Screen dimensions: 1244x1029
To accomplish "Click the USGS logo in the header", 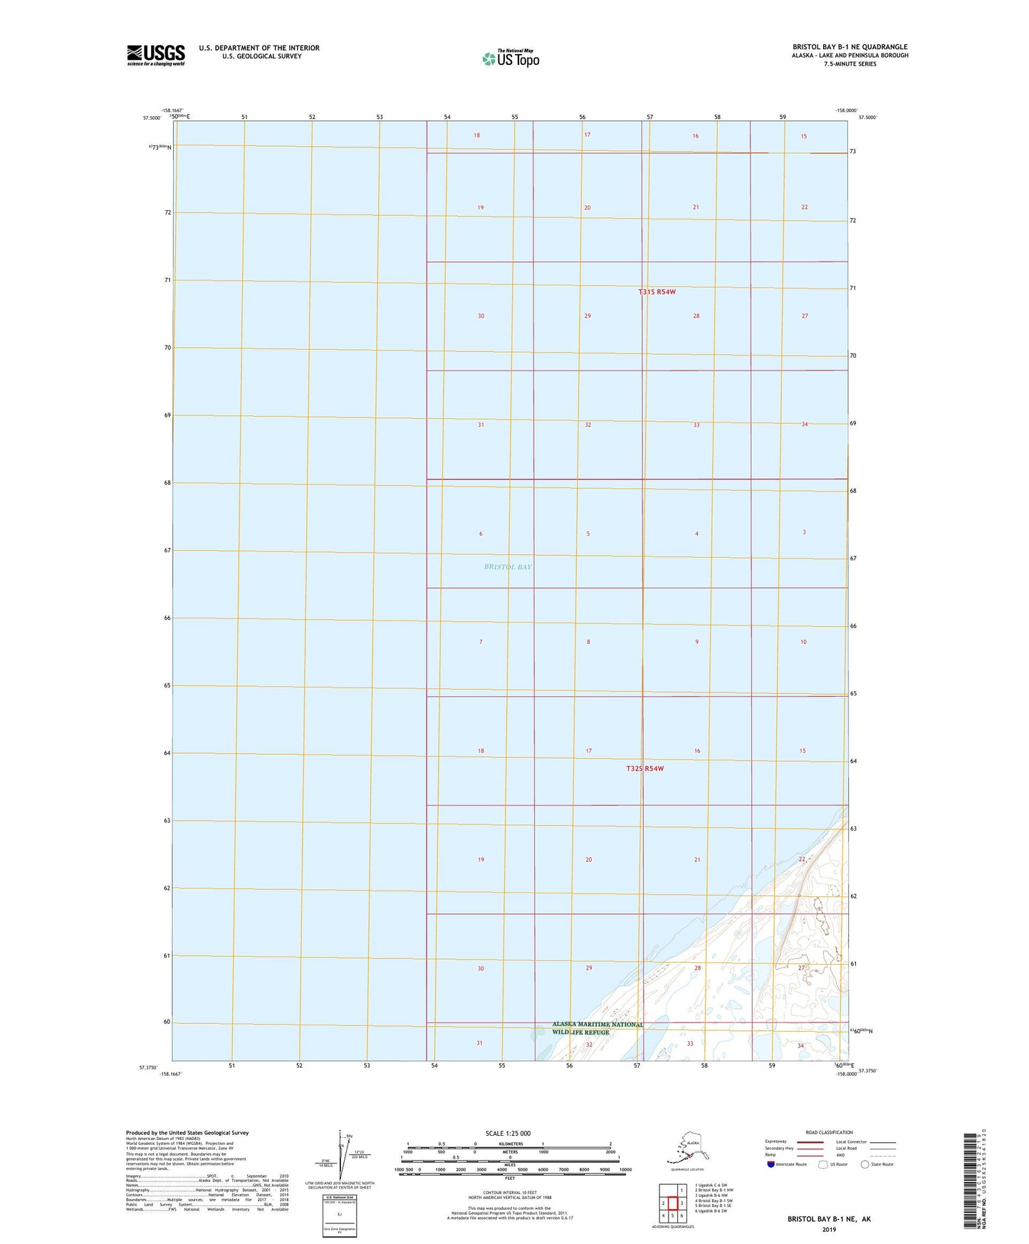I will point(155,55).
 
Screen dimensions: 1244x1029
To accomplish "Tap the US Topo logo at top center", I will point(510,58).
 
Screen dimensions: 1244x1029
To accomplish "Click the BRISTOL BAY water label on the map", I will point(508,567).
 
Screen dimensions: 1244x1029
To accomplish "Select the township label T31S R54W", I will point(656,292).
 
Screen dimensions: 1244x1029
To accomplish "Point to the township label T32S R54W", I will point(645,769).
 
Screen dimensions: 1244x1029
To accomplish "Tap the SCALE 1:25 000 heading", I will point(508,1133).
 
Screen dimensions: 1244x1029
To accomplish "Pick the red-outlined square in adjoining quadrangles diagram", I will point(672,1203).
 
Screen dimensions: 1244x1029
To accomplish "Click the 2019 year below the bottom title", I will point(828,1229).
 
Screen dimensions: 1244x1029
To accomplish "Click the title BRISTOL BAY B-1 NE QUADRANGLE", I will point(850,47).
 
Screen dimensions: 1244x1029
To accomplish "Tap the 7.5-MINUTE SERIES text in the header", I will point(850,64).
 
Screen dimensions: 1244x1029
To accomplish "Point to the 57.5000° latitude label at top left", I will point(152,118).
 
